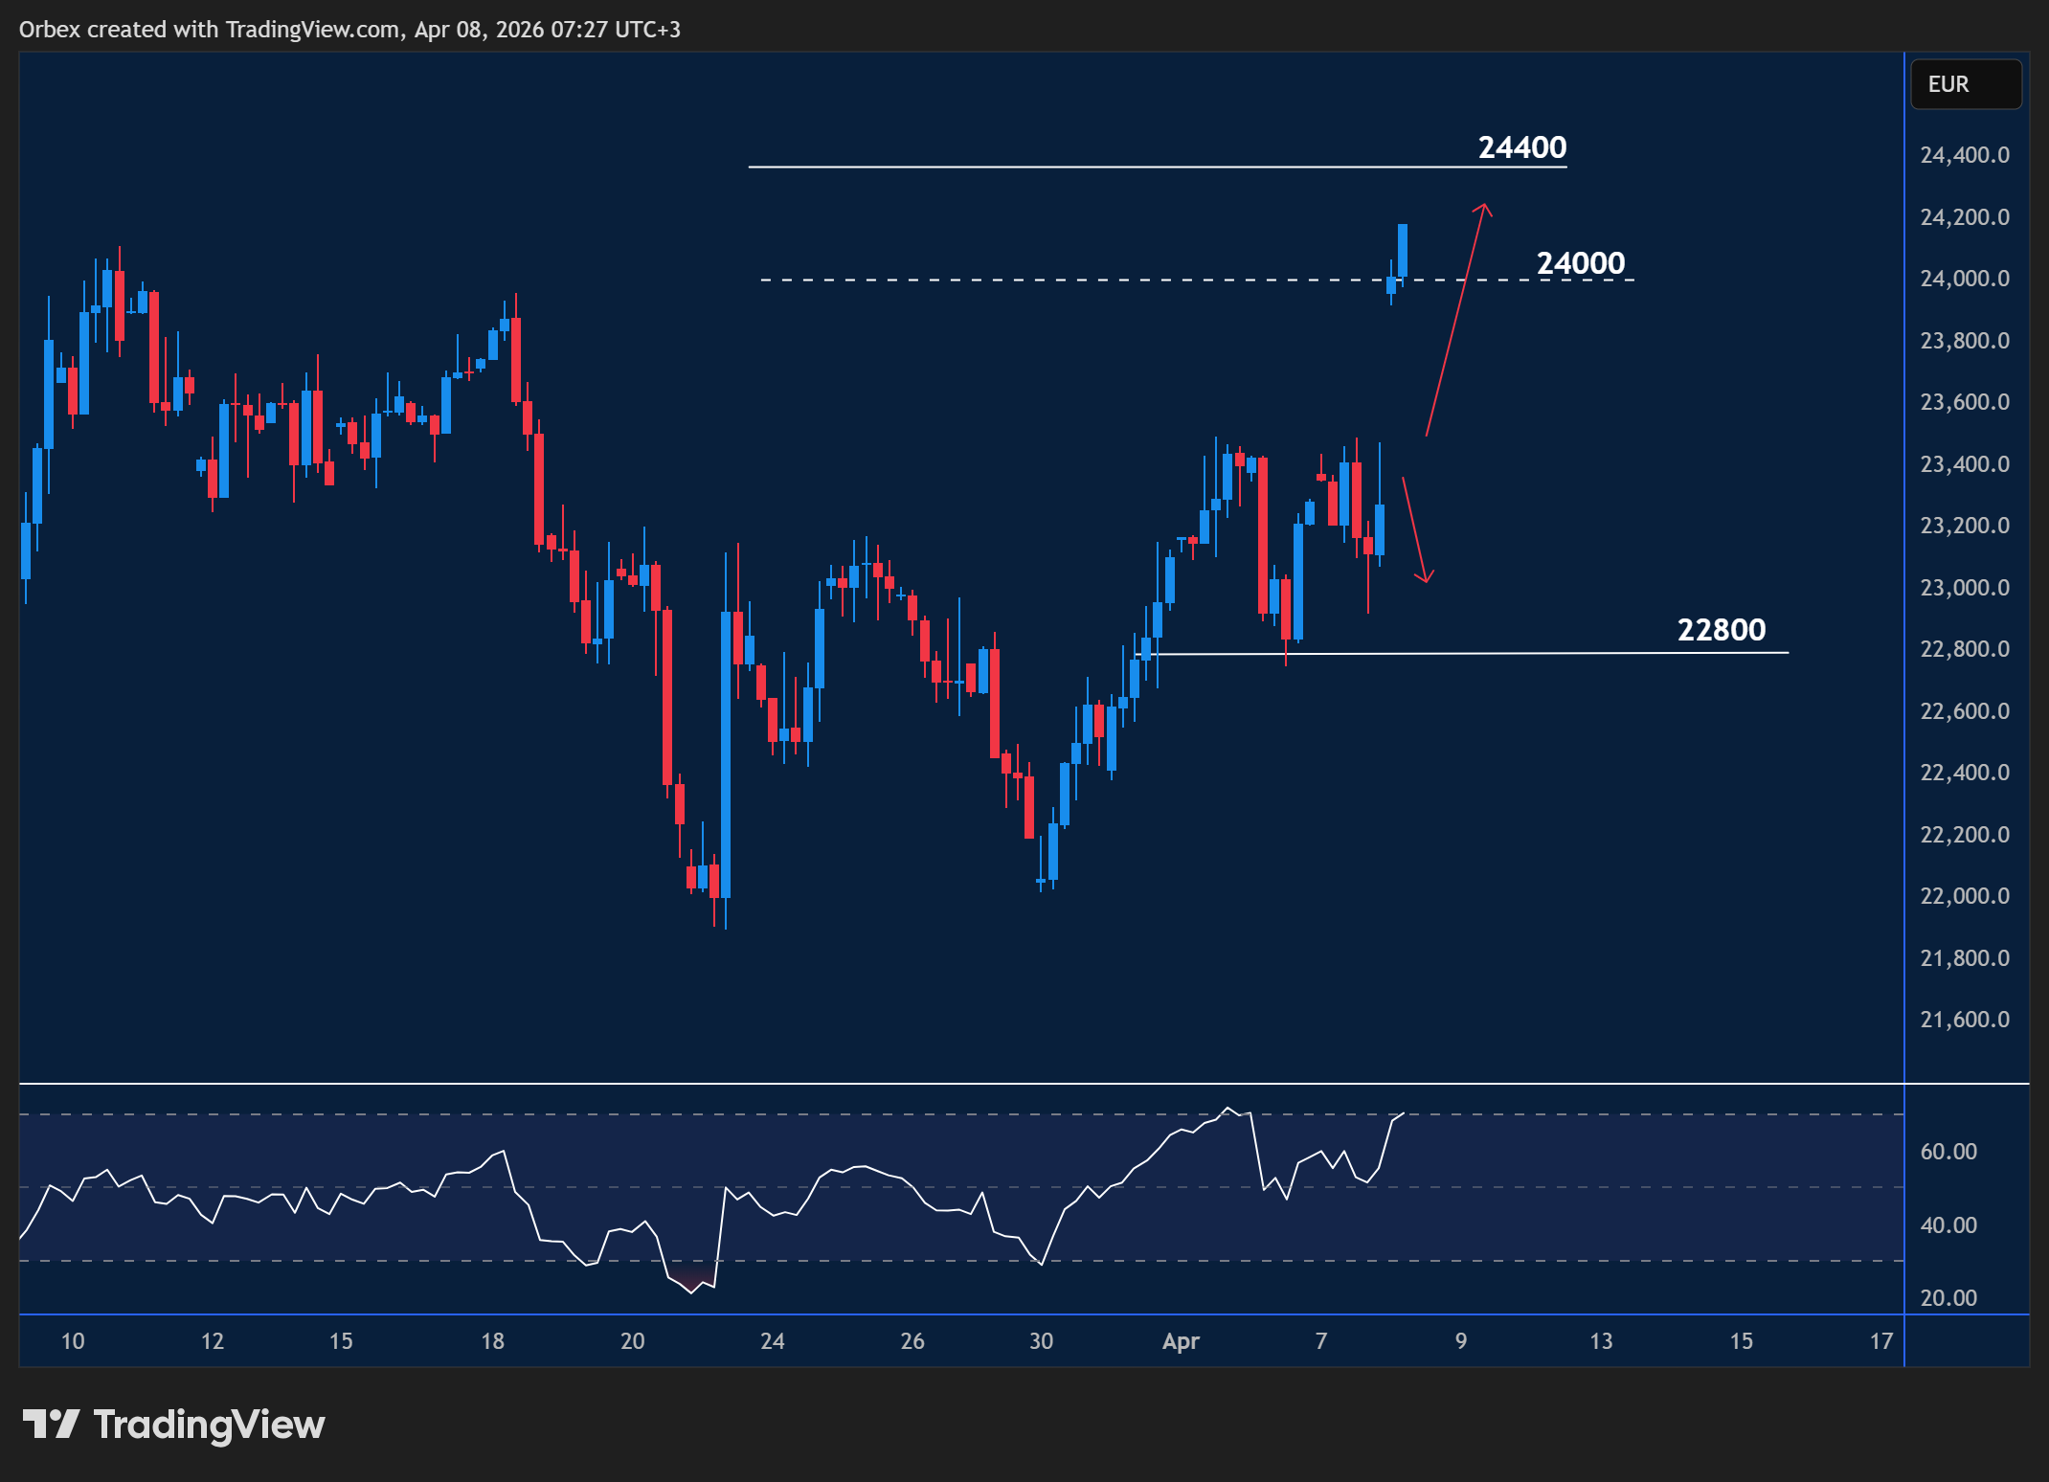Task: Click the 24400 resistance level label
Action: [1521, 147]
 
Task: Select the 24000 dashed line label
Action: [1580, 263]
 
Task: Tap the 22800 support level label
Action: [1721, 630]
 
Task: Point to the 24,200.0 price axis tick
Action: [1964, 217]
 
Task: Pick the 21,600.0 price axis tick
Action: [1964, 1020]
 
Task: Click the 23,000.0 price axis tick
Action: [1964, 588]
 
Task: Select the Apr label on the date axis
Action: [1181, 1341]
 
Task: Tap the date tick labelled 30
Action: [1041, 1341]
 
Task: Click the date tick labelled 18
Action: [492, 1341]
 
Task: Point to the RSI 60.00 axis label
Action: [1948, 1152]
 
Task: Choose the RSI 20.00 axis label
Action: [1948, 1298]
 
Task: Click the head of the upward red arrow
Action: [1483, 206]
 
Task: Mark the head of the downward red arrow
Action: [1426, 579]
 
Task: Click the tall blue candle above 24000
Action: [1402, 251]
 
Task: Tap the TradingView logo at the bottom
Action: [173, 1425]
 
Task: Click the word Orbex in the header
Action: [50, 30]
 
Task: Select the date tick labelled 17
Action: [1880, 1341]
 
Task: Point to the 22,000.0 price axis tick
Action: [1964, 896]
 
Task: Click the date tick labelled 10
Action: [73, 1341]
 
